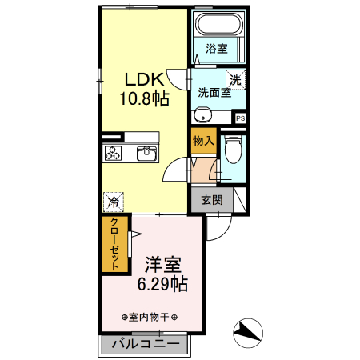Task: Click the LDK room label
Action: pos(144,79)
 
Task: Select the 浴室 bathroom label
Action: pos(216,49)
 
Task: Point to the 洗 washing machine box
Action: pos(235,79)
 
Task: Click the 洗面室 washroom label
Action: pos(215,92)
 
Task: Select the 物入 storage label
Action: pos(203,141)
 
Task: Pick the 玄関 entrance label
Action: pos(211,200)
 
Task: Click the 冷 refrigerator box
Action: pos(114,202)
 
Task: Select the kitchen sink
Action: pos(147,153)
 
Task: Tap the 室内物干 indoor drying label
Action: pos(149,317)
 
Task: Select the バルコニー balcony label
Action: pos(145,344)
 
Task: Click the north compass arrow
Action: pos(248,330)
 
